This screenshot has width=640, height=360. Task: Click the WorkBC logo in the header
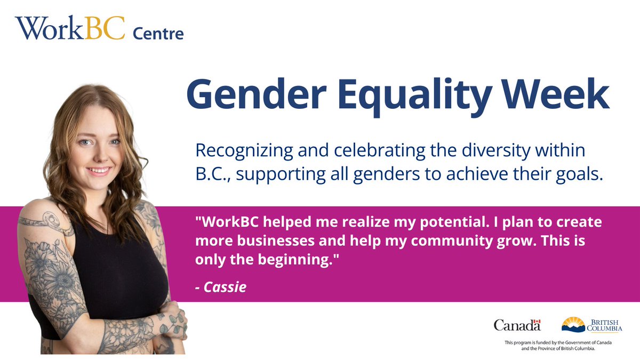(x=69, y=29)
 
